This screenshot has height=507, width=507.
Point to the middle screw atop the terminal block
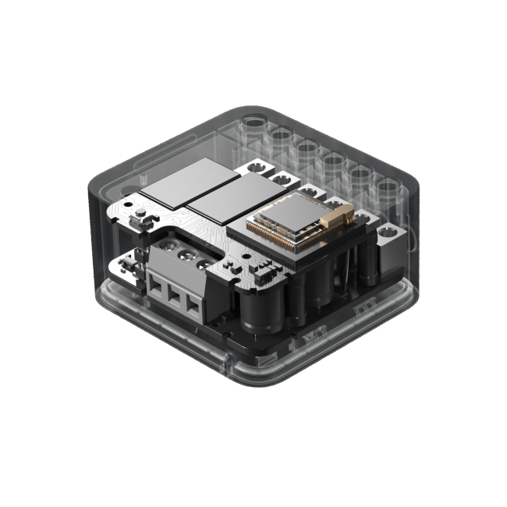(186, 255)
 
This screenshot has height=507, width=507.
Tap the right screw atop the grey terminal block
(205, 263)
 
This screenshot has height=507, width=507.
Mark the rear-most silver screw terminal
(254, 167)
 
